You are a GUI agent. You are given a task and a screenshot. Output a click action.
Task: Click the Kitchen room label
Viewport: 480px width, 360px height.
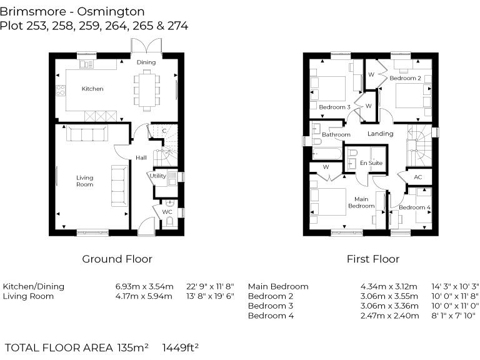tap(92, 89)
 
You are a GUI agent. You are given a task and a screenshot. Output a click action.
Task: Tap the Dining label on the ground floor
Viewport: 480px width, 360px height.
tap(146, 62)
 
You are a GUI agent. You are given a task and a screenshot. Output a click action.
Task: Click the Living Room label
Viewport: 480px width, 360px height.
tap(84, 181)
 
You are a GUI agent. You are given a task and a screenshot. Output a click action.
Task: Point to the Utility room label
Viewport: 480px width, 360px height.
tap(157, 176)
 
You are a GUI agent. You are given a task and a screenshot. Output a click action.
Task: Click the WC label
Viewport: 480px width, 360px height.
tap(167, 212)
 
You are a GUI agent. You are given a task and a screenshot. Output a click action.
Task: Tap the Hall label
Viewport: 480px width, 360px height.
tap(141, 157)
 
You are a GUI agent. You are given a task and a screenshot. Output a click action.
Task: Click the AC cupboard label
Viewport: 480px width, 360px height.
tap(418, 177)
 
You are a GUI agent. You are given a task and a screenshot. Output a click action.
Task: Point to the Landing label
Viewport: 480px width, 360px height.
tap(380, 134)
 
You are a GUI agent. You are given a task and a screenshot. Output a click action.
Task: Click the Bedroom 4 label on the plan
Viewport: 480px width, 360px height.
tap(414, 207)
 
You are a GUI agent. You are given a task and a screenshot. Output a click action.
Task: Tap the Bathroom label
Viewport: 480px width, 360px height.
tap(336, 134)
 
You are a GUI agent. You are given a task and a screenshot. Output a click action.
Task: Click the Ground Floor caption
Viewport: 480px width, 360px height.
tap(117, 259)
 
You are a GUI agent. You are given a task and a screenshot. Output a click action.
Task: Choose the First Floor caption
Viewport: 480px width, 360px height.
tap(373, 259)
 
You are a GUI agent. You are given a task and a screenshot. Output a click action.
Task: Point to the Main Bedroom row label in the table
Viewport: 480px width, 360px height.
tap(278, 286)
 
